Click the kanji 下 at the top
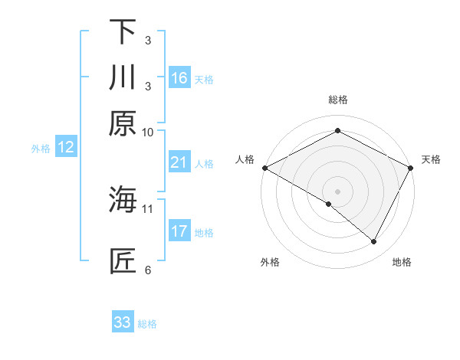pyautogui.click(x=123, y=31)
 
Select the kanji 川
pyautogui.click(x=123, y=77)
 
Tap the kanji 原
pyautogui.click(x=123, y=123)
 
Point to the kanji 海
pyautogui.click(x=123, y=201)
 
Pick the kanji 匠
pyautogui.click(x=123, y=260)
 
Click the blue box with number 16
pyautogui.click(x=179, y=78)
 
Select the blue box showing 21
pyautogui.click(x=179, y=162)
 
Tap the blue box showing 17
pyautogui.click(x=179, y=231)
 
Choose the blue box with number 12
pyautogui.click(x=66, y=148)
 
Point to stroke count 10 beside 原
pyautogui.click(x=148, y=133)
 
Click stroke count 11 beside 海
pyautogui.click(x=148, y=208)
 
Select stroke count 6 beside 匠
pyautogui.click(x=148, y=270)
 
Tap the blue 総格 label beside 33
pyautogui.click(x=147, y=324)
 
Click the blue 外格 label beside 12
pyautogui.click(x=41, y=149)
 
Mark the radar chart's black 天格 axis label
pyautogui.click(x=431, y=159)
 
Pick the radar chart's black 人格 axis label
pyautogui.click(x=245, y=159)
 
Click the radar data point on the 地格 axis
pyautogui.click(x=374, y=242)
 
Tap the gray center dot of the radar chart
pyautogui.click(x=337, y=191)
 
